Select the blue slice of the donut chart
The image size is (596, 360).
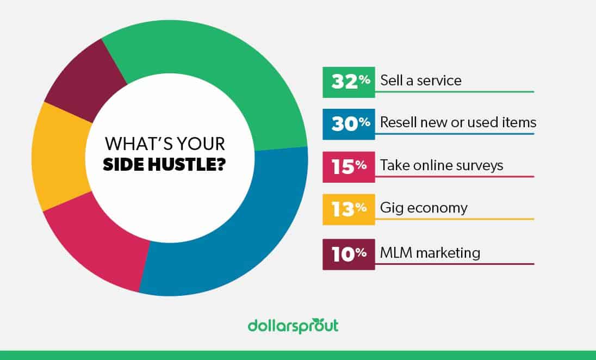pos(239,228)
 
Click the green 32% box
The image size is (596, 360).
pos(348,82)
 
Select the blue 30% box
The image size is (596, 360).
pos(348,124)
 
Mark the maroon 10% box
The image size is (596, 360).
pos(348,254)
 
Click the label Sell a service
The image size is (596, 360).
pos(420,81)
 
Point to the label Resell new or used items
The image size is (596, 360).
pos(458,123)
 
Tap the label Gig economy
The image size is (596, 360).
pos(424,208)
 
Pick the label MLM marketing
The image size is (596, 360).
pos(430,253)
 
